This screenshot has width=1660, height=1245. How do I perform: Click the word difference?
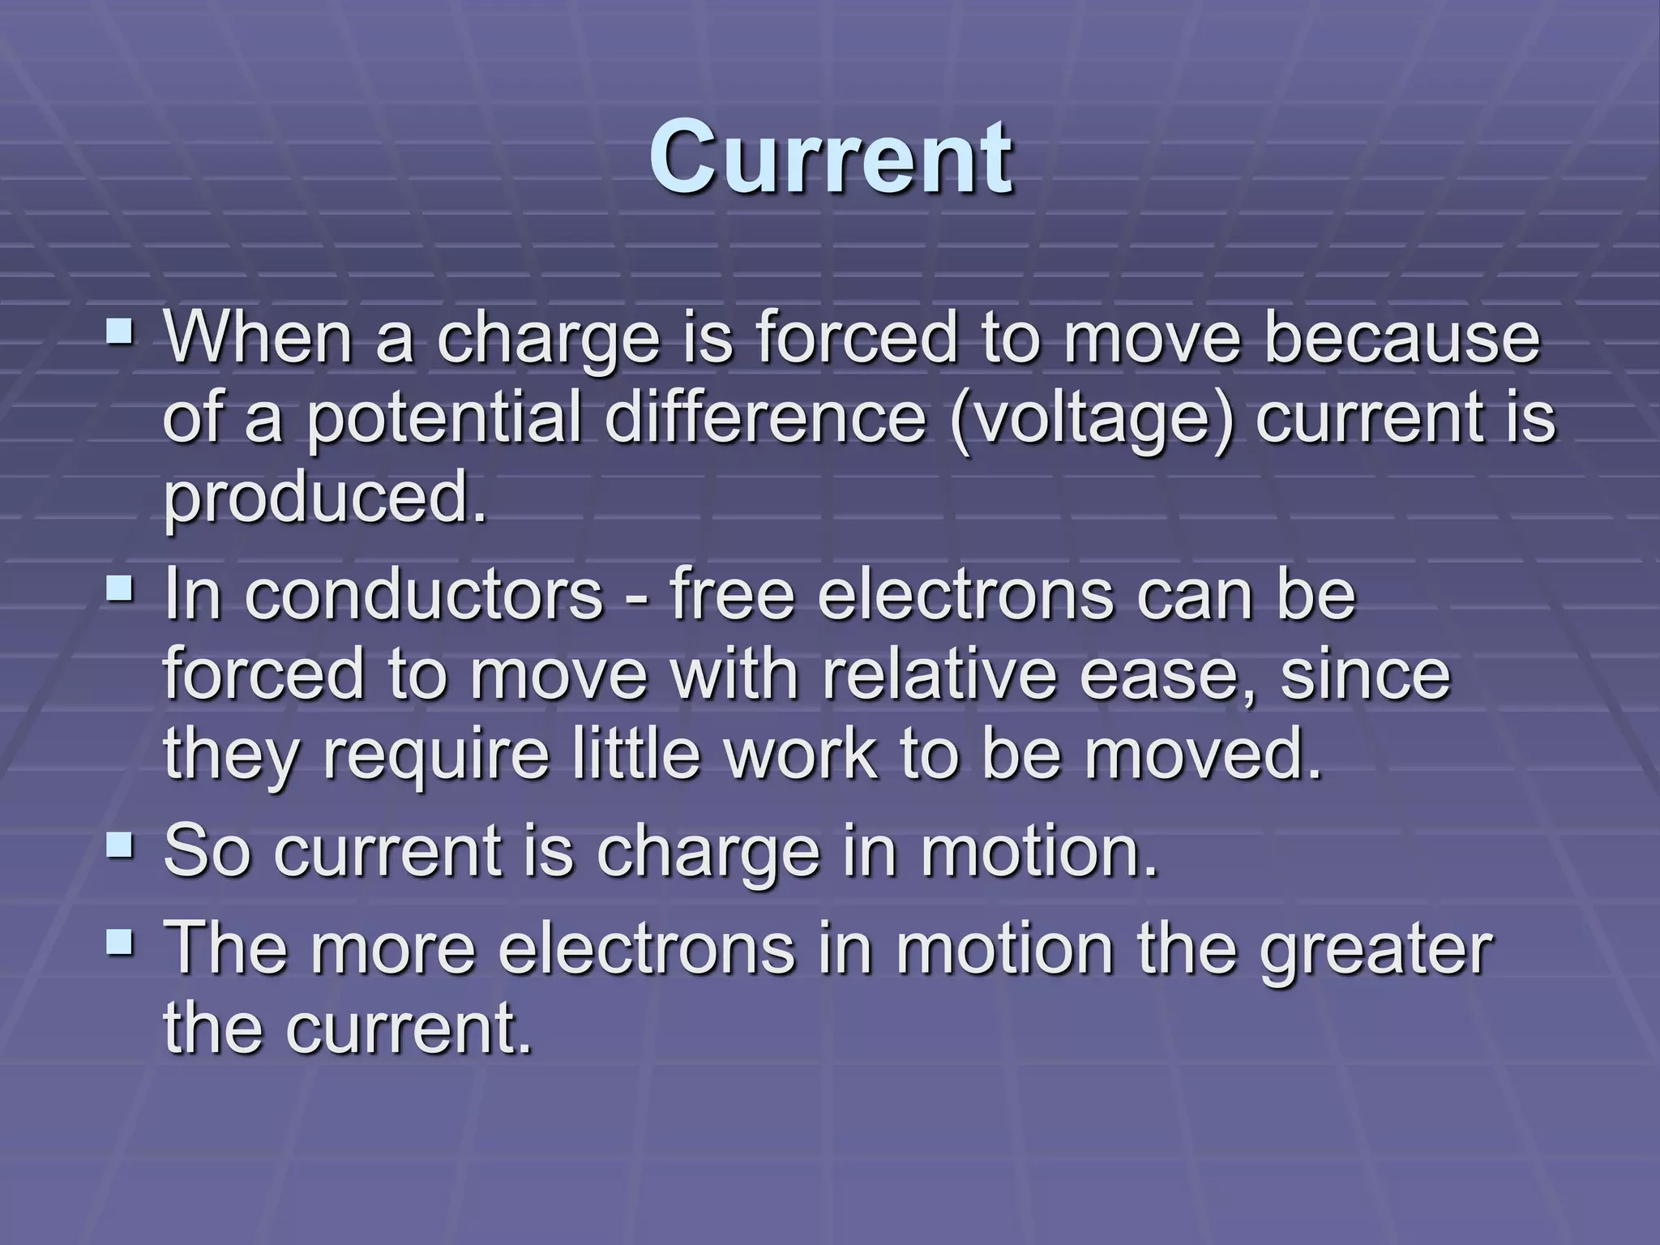click(x=765, y=418)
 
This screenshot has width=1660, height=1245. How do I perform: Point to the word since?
click(x=1365, y=674)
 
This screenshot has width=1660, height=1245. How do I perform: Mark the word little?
click(x=637, y=754)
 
